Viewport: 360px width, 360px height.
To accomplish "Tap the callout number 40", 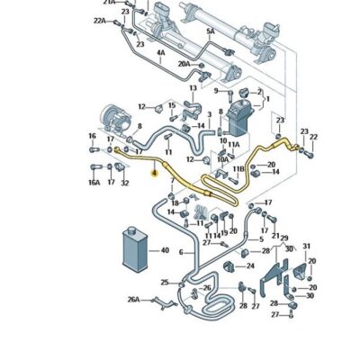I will (x=165, y=251).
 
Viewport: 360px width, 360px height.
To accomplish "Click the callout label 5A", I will (x=210, y=31).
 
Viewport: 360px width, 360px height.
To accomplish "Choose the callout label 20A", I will (x=184, y=64).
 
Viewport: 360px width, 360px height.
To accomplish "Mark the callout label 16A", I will (x=94, y=182).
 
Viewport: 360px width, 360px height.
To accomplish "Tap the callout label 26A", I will (x=134, y=300).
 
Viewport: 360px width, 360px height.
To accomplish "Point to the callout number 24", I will (x=249, y=265).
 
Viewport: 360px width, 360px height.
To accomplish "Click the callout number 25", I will (x=164, y=283).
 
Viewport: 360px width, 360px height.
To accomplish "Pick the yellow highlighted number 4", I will (x=154, y=172).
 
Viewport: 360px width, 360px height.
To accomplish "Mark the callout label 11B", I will (x=238, y=168).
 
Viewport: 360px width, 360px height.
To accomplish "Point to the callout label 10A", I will (x=222, y=159).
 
